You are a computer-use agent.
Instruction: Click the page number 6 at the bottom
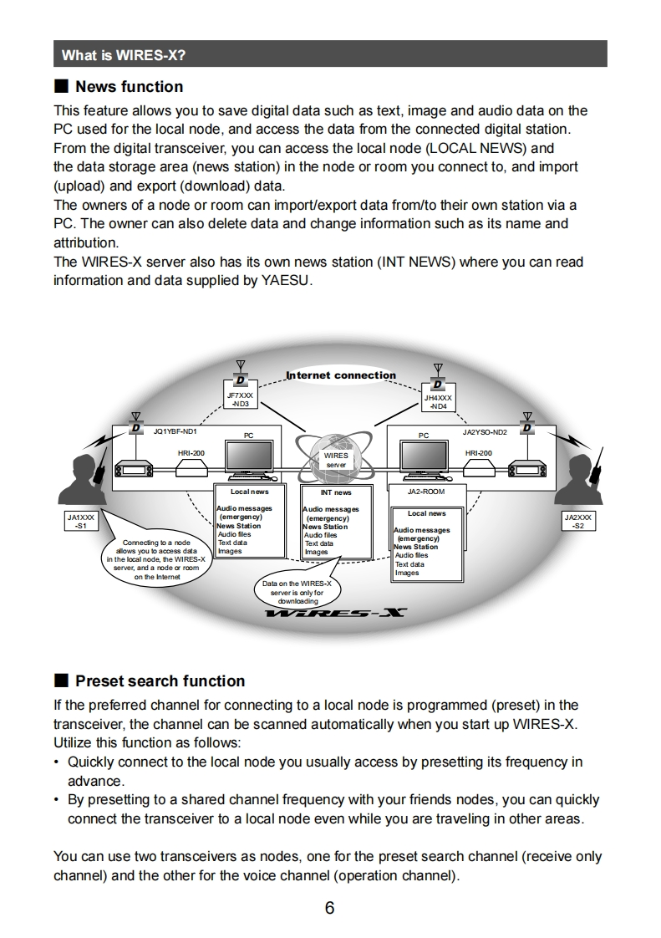coord(329,908)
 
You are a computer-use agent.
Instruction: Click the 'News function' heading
coord(129,86)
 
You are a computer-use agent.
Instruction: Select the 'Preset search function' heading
coord(160,681)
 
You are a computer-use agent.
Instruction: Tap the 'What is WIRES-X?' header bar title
coord(123,55)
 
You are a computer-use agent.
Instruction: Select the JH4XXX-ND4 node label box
coord(438,402)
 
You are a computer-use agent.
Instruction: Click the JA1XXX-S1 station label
coord(81,522)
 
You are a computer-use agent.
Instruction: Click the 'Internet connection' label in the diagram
coord(341,375)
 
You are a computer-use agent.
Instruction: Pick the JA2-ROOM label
coord(426,492)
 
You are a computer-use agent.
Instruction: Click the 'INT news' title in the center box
coord(336,492)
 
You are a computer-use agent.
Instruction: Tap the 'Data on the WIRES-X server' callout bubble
coord(297,591)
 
